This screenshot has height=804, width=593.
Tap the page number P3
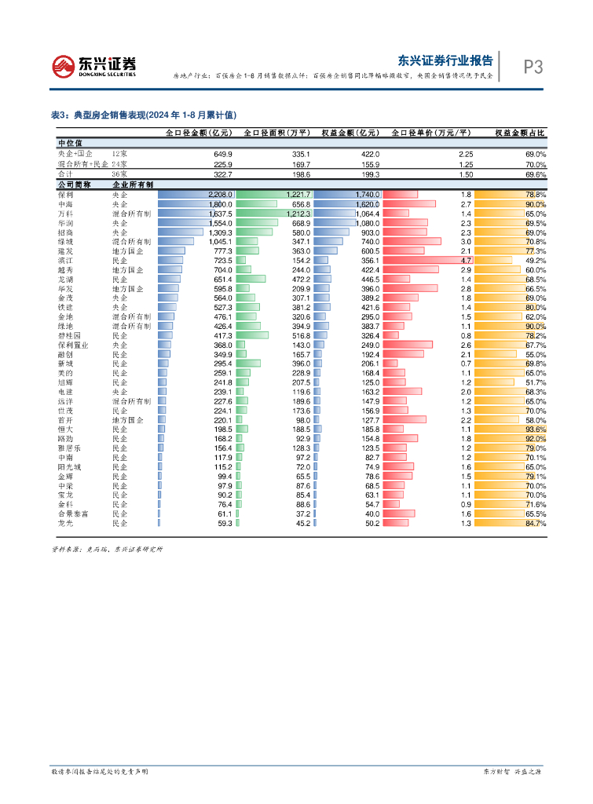pyautogui.click(x=533, y=68)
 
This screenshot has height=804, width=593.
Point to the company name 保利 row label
pyautogui.click(x=66, y=194)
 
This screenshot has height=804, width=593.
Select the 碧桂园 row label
pyautogui.click(x=69, y=335)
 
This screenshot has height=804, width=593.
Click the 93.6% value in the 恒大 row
pyautogui.click(x=535, y=429)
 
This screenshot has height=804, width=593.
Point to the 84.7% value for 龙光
pyautogui.click(x=535, y=524)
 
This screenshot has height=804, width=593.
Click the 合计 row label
pyautogui.click(x=66, y=174)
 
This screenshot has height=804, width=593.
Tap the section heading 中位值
pyautogui.click(x=70, y=144)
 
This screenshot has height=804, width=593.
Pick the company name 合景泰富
pyautogui.click(x=72, y=514)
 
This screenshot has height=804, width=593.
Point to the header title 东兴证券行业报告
pyautogui.click(x=445, y=60)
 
